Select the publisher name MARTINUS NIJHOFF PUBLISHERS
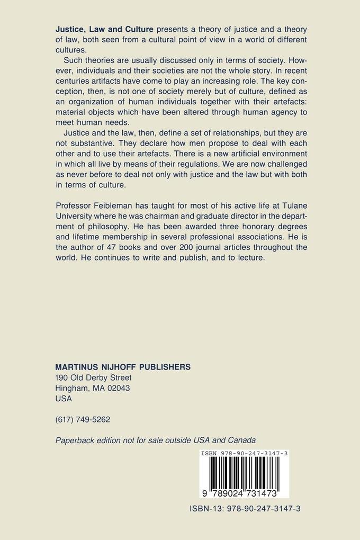pos(123,367)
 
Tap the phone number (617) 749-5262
pos(83,419)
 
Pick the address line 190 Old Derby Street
pos(93,377)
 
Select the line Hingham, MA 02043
pos(93,388)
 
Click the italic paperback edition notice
pos(156,440)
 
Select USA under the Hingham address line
pos(64,399)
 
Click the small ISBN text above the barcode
pos(244,454)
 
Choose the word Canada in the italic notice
pos(241,440)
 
